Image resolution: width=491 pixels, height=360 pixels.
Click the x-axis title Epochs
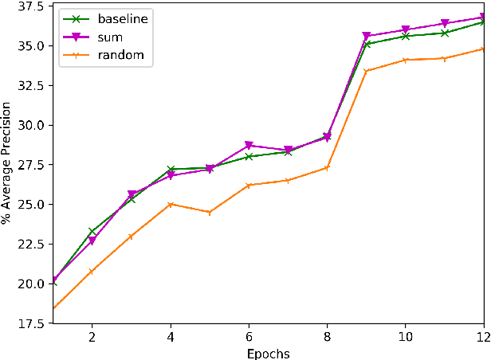pyautogui.click(x=267, y=353)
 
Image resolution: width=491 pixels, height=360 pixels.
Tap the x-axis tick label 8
pyautogui.click(x=326, y=338)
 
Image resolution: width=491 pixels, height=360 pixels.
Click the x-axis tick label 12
pyautogui.click(x=483, y=338)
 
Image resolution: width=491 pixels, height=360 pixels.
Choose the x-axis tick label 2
pyautogui.click(x=92, y=338)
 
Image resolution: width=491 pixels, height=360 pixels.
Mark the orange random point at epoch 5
pyautogui.click(x=209, y=213)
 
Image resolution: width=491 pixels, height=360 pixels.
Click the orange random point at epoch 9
pyautogui.click(x=366, y=71)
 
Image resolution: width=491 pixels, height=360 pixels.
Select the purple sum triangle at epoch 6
pyautogui.click(x=249, y=146)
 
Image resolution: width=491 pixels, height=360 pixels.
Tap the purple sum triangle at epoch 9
pyautogui.click(x=366, y=37)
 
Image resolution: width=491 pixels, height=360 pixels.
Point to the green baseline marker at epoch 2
pyautogui.click(x=92, y=231)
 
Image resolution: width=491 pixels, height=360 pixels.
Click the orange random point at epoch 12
pyautogui.click(x=483, y=49)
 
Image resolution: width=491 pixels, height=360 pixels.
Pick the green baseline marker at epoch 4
pyautogui.click(x=170, y=169)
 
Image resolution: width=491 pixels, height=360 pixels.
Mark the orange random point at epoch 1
pyautogui.click(x=53, y=307)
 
